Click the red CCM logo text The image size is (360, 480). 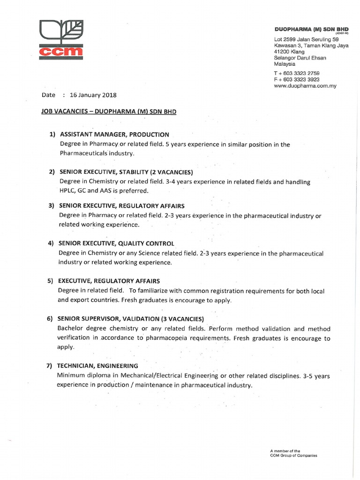tap(61, 53)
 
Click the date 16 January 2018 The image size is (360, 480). tap(93, 95)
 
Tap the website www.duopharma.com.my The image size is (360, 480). tap(305, 86)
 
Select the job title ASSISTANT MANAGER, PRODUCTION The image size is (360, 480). tap(113, 135)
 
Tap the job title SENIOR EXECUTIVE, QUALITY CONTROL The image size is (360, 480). tap(116, 244)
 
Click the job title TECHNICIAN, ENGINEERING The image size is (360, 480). tap(97, 366)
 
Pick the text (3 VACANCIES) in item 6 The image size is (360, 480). tap(182, 319)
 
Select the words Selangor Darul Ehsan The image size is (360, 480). tap(300, 58)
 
